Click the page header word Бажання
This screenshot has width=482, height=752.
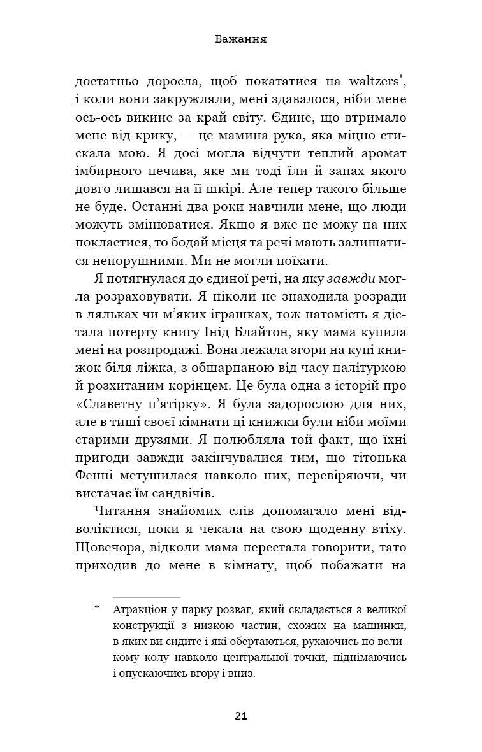[x=240, y=39]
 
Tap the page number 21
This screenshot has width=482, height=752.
[x=240, y=716]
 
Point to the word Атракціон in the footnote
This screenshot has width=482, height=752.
[x=142, y=608]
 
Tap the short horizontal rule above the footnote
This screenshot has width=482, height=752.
[x=147, y=595]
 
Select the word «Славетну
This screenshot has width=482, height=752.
[x=127, y=404]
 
